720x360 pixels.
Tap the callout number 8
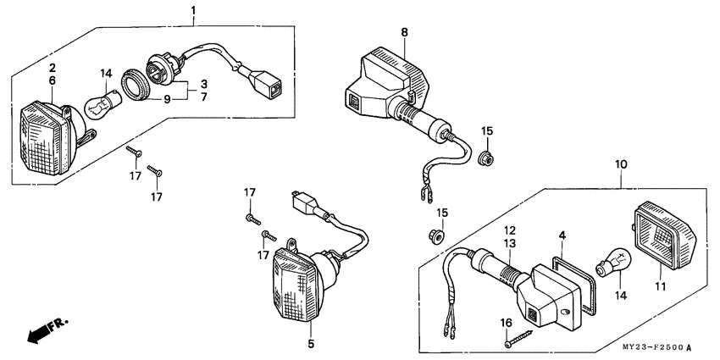pyautogui.click(x=405, y=31)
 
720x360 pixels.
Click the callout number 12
pyautogui.click(x=511, y=230)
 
